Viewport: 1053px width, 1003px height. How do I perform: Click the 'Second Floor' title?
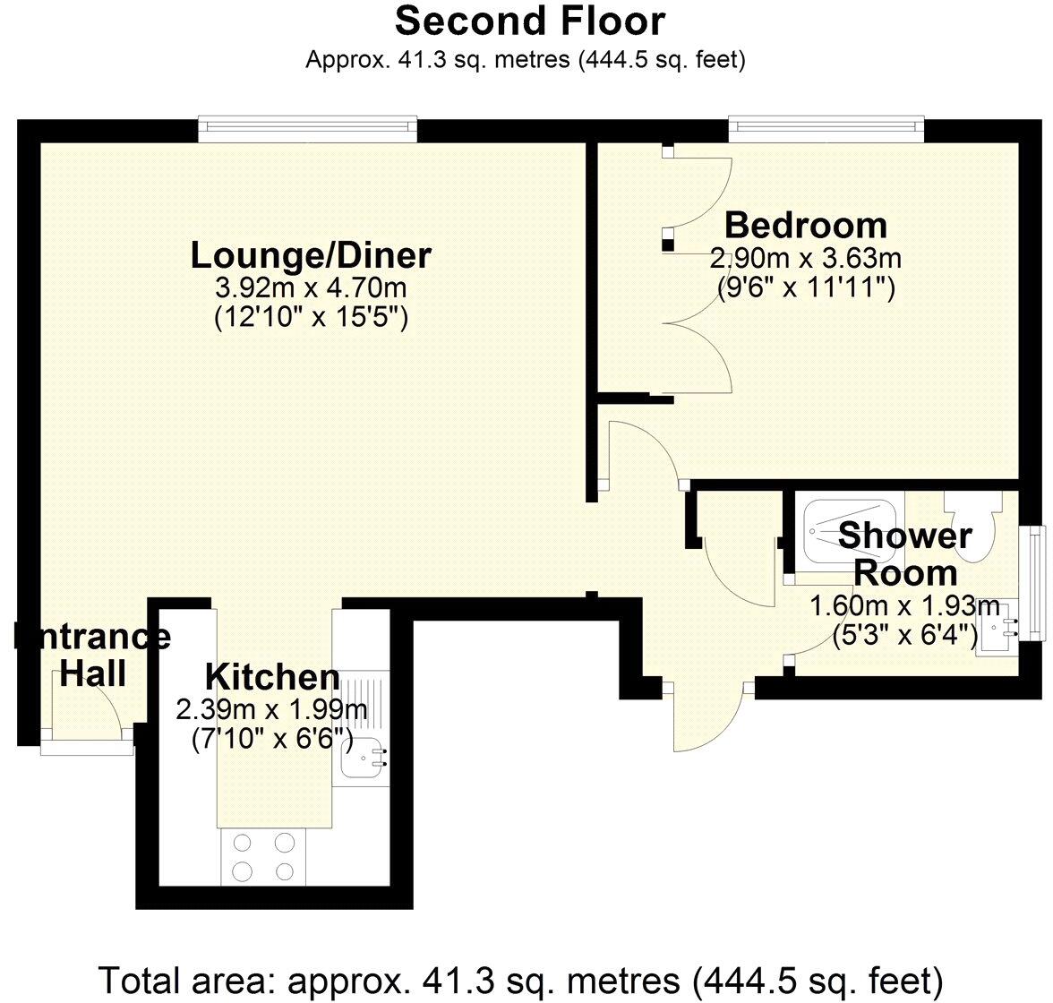(530, 21)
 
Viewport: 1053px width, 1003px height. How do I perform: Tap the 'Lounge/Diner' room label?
(311, 256)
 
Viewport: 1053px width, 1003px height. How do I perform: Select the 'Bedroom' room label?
(806, 225)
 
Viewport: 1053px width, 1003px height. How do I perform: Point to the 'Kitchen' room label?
(272, 676)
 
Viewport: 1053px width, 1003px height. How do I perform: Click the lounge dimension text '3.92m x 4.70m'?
(311, 288)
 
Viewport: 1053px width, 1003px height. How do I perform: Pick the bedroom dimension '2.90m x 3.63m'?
(806, 259)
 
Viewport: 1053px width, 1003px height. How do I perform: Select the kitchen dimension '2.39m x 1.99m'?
(272, 710)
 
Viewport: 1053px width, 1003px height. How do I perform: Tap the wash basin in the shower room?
(1001, 627)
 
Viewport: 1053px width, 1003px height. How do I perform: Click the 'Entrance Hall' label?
(92, 655)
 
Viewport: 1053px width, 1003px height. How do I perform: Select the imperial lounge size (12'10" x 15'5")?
(311, 317)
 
